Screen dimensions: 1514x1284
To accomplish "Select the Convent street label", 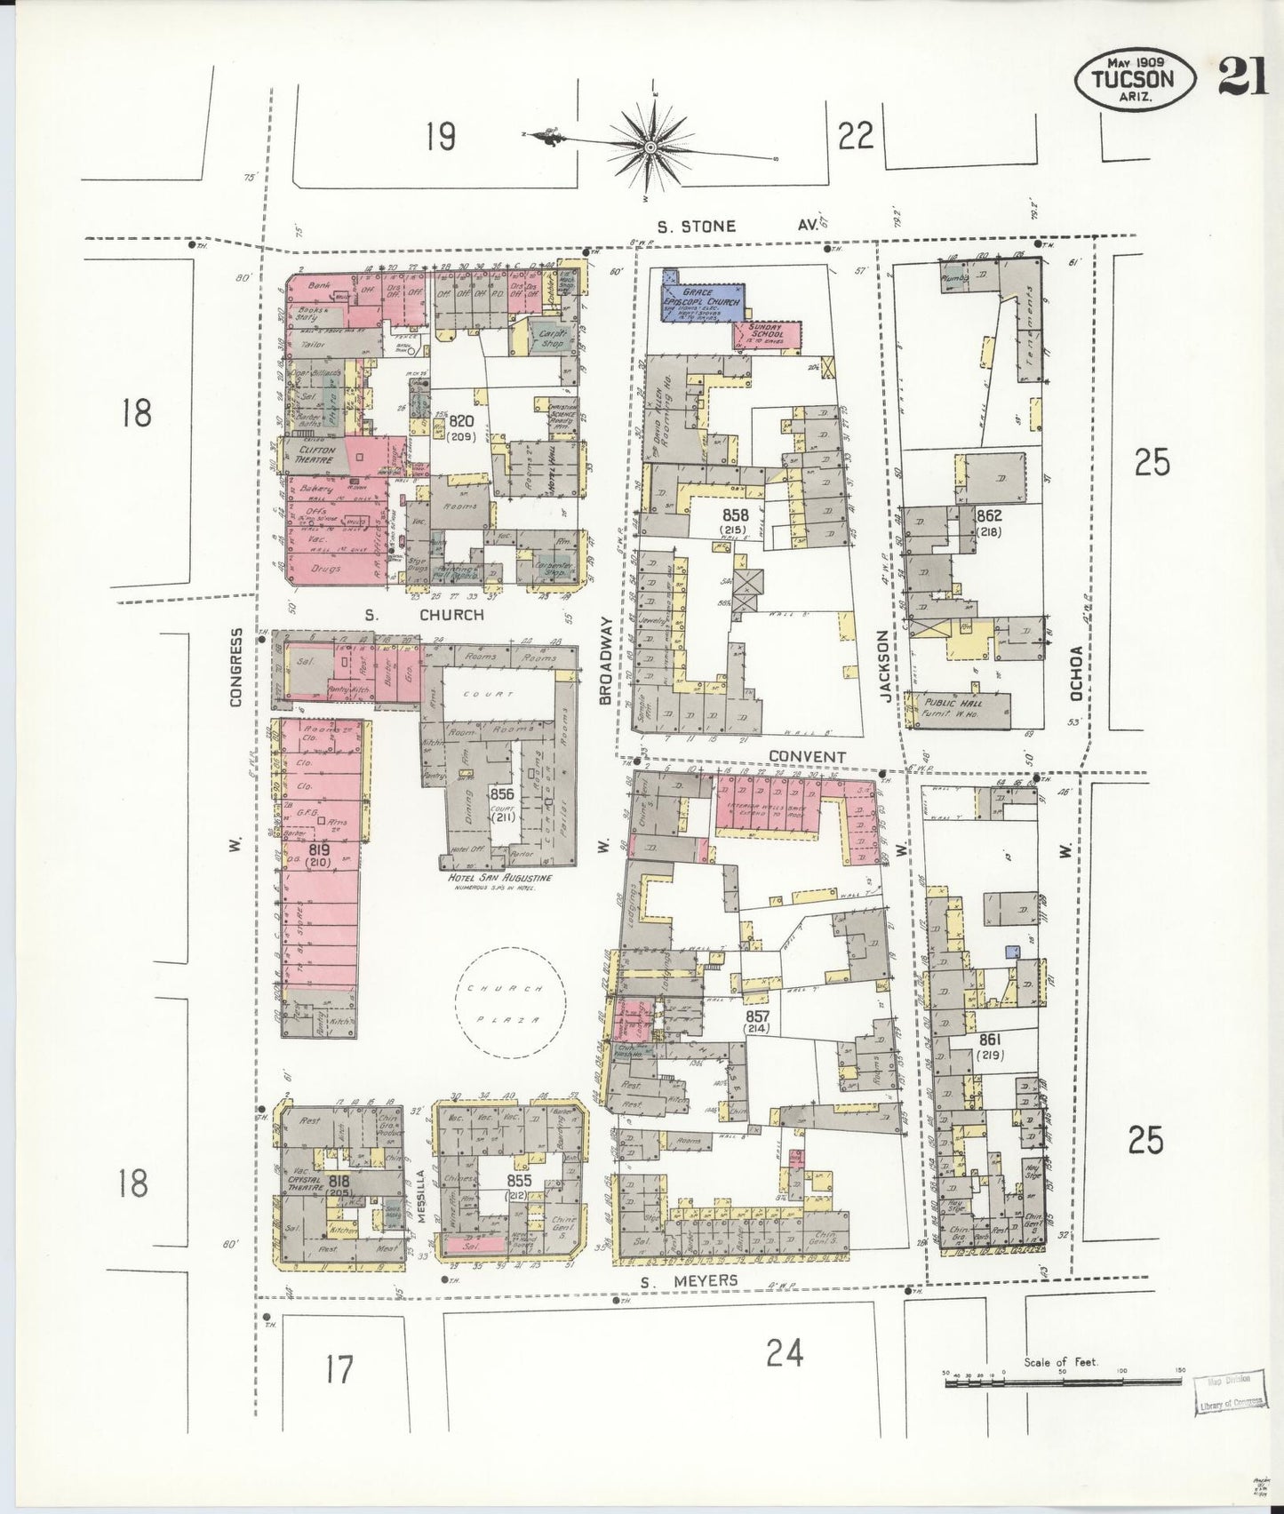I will click(x=807, y=756).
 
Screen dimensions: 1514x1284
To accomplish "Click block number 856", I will click(x=502, y=793).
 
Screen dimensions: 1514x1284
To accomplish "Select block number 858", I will click(x=735, y=515).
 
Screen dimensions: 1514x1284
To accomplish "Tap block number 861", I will click(x=990, y=1039).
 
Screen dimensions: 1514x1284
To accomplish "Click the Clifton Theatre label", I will click(x=316, y=455).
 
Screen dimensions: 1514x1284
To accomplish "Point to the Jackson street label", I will click(x=884, y=666).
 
